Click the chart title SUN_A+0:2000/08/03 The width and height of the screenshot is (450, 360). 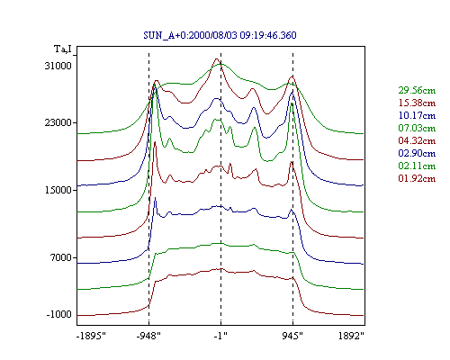(190, 35)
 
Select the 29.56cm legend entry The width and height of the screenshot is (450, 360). (417, 90)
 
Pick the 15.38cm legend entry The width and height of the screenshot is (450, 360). (417, 103)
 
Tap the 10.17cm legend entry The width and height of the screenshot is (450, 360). (417, 115)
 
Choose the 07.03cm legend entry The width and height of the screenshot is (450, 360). (417, 128)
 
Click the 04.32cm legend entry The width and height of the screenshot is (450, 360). (417, 140)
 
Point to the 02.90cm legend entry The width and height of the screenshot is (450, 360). (417, 153)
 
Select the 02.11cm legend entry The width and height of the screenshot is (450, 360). (417, 166)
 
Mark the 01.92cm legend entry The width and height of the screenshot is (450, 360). (417, 178)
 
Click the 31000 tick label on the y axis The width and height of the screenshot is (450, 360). (58, 66)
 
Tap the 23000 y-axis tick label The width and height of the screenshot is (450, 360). (58, 122)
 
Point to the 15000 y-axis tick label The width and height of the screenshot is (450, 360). (58, 190)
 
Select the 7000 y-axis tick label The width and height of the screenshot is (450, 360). (61, 257)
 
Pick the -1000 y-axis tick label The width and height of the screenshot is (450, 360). (59, 314)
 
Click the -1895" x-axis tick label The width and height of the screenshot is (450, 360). (92, 336)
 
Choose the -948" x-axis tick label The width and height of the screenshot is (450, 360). (148, 336)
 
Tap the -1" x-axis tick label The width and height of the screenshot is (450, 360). (220, 336)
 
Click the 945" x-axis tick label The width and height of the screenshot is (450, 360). (292, 336)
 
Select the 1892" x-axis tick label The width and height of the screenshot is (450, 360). (351, 336)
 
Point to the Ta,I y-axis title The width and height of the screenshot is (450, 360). (63, 49)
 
